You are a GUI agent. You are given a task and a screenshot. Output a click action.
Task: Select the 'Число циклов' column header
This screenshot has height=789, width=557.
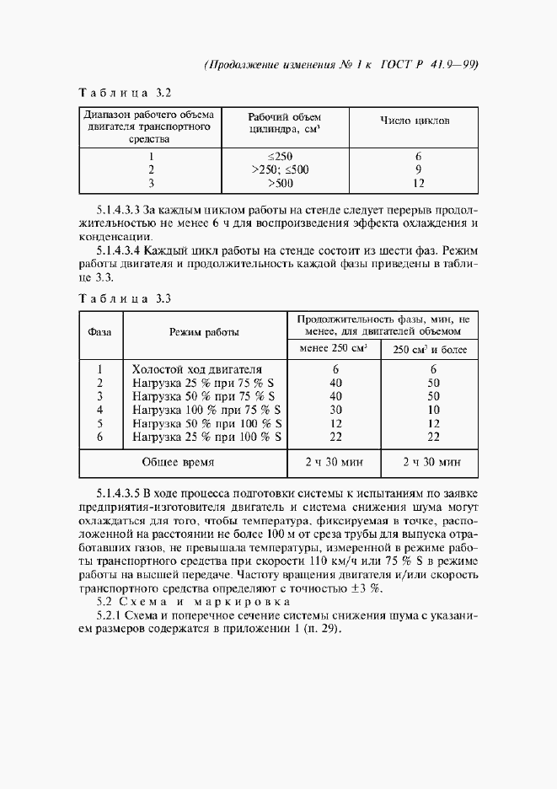(415, 121)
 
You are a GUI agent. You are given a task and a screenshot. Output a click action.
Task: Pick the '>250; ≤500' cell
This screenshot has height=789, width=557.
(280, 169)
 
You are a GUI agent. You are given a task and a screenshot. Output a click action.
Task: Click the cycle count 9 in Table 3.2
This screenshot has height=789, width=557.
(417, 169)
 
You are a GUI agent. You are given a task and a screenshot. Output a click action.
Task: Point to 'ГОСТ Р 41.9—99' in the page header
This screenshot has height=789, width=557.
(431, 66)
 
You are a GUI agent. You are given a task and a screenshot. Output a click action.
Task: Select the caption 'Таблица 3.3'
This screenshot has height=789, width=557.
(125, 298)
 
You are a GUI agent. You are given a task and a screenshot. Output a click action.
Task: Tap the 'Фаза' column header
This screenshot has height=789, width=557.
(99, 332)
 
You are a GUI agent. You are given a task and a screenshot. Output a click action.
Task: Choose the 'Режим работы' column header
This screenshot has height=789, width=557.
(204, 332)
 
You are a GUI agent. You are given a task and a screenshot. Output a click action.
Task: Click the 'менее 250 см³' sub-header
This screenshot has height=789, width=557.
(334, 348)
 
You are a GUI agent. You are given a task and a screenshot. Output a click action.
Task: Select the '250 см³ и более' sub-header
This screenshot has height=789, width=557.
(431, 349)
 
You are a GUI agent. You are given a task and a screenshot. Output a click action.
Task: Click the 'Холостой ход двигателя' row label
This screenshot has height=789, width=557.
(197, 369)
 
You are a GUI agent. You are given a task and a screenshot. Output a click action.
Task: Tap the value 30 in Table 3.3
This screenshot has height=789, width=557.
(335, 410)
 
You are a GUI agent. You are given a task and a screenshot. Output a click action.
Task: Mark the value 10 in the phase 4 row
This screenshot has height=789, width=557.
(433, 410)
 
